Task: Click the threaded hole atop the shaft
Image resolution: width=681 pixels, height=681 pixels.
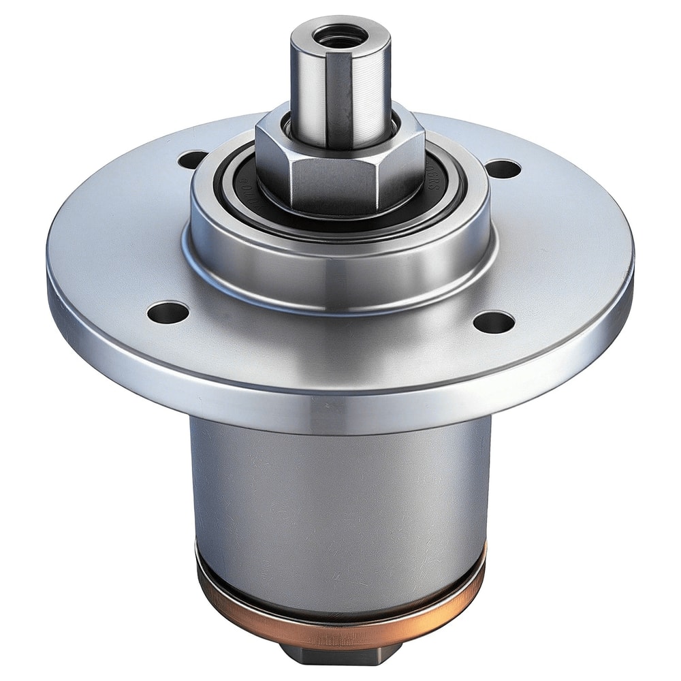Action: (340, 34)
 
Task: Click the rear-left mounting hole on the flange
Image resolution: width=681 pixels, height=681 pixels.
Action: (193, 160)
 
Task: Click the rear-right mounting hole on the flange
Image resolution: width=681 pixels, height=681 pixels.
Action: (503, 168)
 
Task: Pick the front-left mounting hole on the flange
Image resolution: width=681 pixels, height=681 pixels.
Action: (168, 313)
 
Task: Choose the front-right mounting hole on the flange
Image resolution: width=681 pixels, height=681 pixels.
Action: (494, 322)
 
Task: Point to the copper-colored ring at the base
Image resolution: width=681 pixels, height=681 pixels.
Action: (340, 616)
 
